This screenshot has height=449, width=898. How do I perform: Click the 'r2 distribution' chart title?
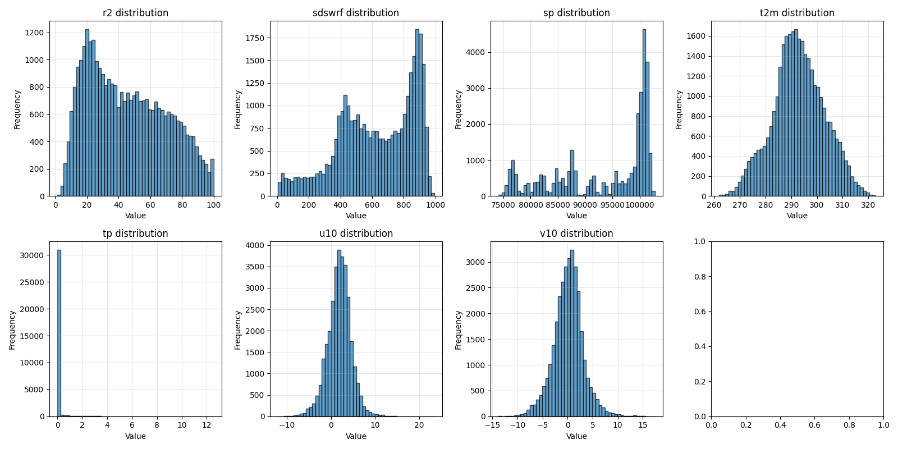click(135, 13)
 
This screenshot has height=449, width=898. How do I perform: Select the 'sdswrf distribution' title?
click(356, 13)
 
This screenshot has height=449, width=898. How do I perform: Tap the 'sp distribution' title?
click(576, 13)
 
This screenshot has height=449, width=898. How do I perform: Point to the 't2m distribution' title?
click(797, 13)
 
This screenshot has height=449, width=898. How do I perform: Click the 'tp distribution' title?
click(135, 233)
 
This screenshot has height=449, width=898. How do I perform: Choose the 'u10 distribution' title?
click(356, 233)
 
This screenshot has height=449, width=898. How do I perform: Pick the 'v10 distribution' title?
click(576, 233)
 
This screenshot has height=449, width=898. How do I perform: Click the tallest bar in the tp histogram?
click(59, 337)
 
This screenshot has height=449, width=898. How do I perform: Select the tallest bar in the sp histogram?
click(644, 112)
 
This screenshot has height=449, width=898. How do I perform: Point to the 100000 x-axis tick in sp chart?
click(640, 205)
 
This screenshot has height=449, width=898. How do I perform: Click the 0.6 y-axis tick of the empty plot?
click(700, 311)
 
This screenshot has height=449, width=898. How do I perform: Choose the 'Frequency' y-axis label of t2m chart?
click(679, 109)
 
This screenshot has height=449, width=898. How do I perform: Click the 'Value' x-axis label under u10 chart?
click(356, 436)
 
